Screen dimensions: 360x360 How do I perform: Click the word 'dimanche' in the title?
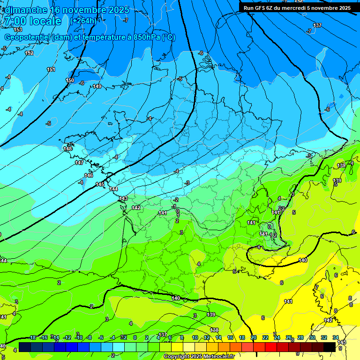point(26,10)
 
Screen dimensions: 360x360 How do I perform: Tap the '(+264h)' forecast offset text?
point(84,21)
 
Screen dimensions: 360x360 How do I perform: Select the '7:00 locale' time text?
point(32,22)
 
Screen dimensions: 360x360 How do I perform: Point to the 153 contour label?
point(17,30)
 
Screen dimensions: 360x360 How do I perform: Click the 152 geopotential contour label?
point(29,53)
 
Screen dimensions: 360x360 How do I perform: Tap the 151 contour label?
point(51,69)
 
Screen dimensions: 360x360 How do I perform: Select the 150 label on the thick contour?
point(70,80)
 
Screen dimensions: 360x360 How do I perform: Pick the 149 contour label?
point(97,86)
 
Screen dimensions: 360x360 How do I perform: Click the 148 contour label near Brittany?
point(68,149)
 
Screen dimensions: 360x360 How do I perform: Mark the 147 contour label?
point(79,163)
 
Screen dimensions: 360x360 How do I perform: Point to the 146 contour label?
point(89,175)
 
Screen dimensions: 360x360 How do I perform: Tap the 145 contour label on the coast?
point(100,184)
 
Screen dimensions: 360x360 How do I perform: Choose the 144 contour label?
point(113,189)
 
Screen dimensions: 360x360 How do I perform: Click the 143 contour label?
point(123,198)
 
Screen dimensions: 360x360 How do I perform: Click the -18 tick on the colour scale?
point(32,337)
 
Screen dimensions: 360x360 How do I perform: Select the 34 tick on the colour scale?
point(336,337)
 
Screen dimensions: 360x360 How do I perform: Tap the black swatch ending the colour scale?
point(330,347)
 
